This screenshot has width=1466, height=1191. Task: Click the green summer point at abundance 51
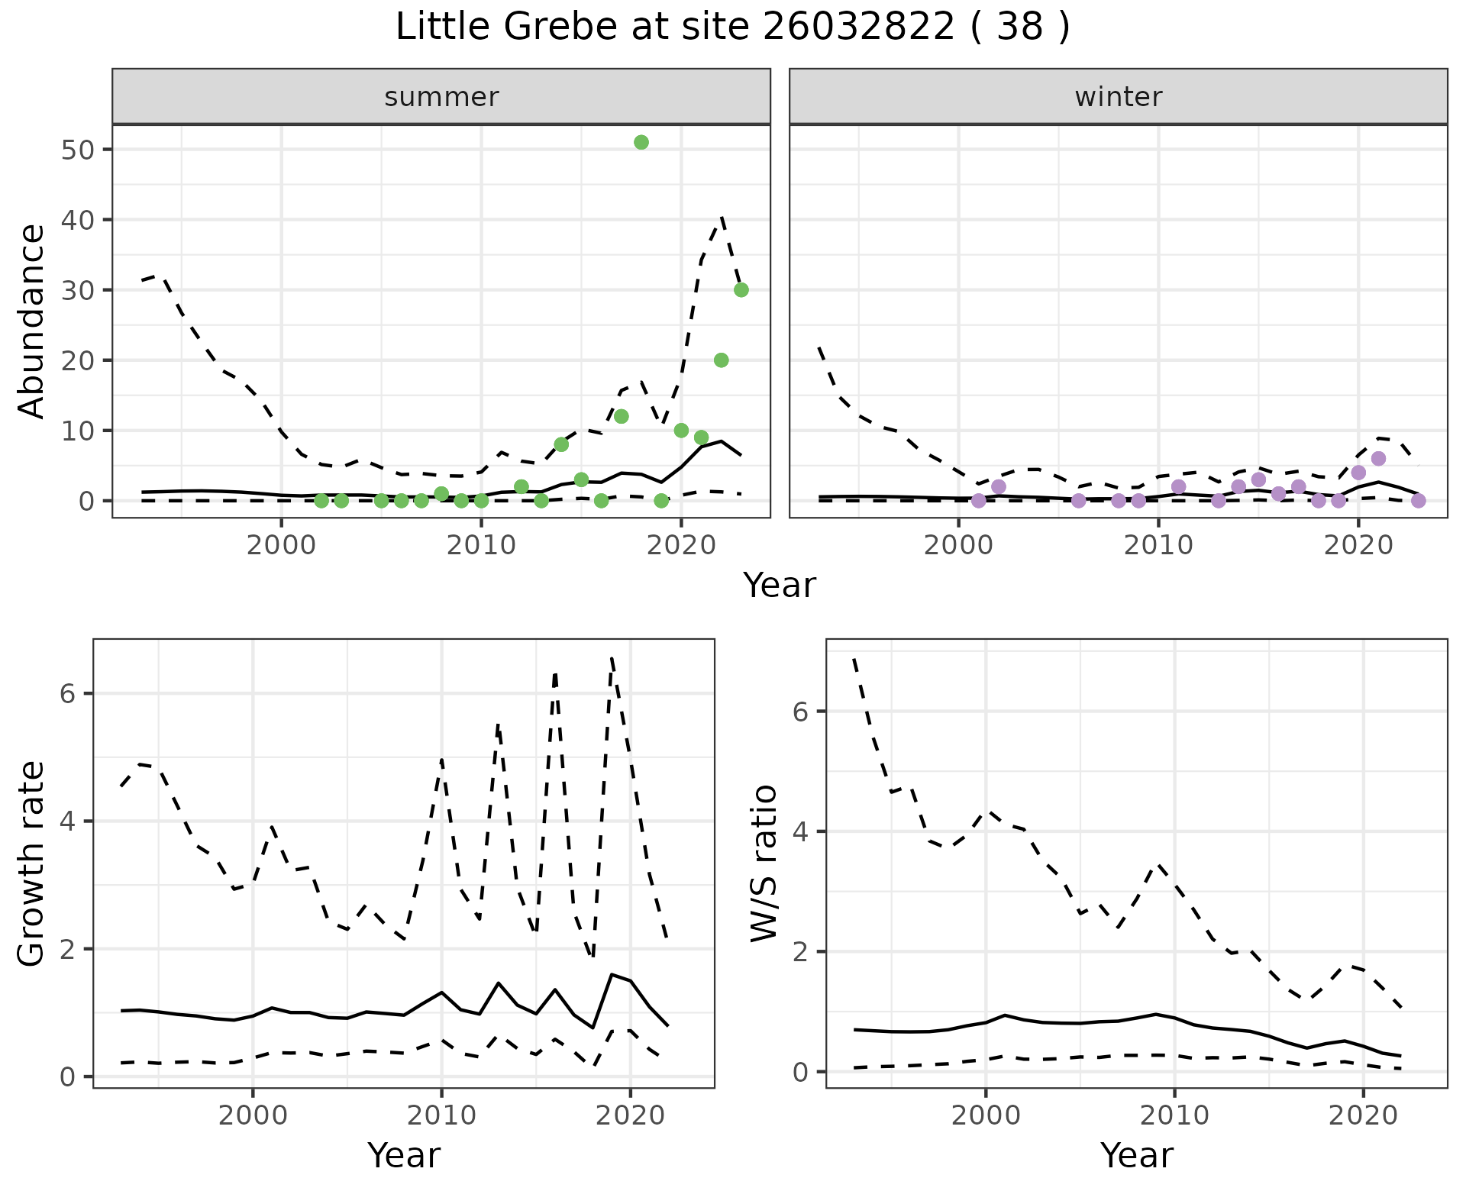(641, 142)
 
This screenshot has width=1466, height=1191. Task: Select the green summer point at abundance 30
(741, 290)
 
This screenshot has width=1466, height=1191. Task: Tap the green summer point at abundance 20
(721, 360)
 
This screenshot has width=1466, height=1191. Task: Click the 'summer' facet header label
(441, 97)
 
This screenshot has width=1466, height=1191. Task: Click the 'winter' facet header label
(1118, 97)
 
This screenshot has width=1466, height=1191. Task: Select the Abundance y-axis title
(32, 321)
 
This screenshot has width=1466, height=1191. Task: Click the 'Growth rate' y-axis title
(32, 863)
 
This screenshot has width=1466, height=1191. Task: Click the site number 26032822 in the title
(858, 27)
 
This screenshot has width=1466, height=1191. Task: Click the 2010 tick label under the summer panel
(481, 545)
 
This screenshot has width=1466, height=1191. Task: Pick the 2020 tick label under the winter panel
(1358, 545)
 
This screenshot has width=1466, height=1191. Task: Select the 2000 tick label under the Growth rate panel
(253, 1115)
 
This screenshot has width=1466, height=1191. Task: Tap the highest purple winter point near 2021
(1378, 459)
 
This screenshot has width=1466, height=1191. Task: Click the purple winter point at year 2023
(1418, 501)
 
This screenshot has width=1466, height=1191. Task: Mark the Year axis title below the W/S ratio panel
(1136, 1156)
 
